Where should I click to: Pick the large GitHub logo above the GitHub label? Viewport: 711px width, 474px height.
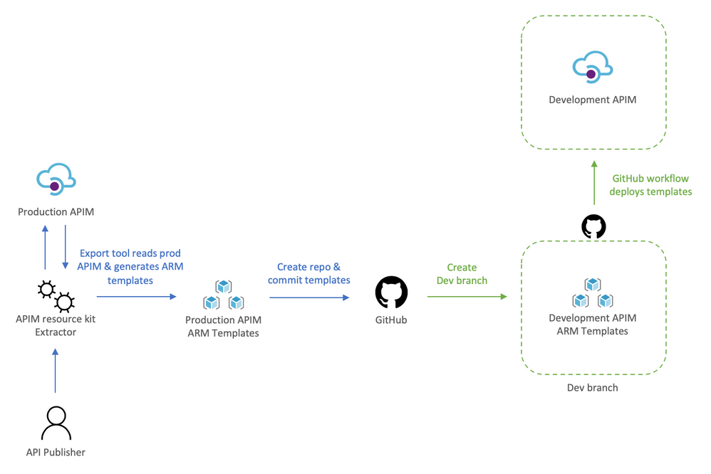tap(391, 293)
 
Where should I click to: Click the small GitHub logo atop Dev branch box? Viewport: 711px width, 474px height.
tap(593, 227)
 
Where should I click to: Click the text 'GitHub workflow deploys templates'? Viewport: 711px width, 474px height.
tap(650, 185)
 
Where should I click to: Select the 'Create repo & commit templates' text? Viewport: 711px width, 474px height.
tap(308, 273)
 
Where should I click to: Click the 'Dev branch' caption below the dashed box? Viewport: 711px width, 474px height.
tap(592, 388)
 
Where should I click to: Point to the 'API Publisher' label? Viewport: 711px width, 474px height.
tap(56, 453)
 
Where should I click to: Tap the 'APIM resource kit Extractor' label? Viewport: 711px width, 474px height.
tap(56, 325)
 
